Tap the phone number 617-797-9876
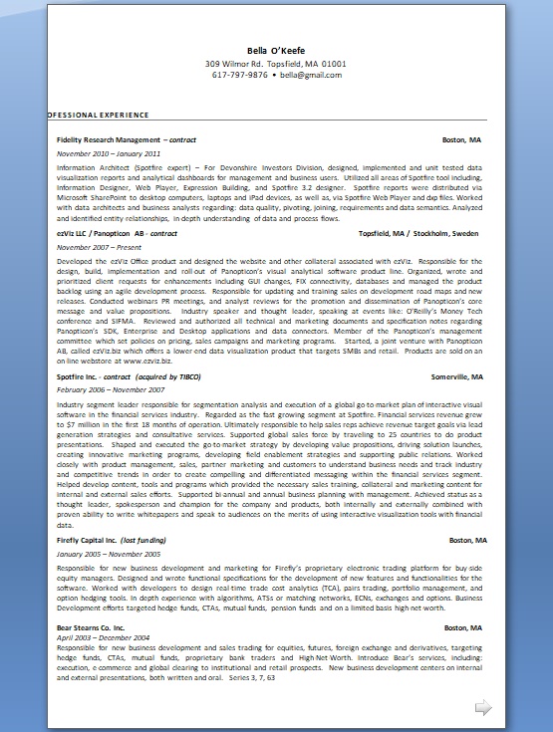pos(240,75)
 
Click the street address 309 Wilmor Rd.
pos(238,63)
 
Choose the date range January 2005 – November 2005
pos(110,553)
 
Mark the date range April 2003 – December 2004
pos(104,637)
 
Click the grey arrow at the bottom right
pos(482,708)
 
